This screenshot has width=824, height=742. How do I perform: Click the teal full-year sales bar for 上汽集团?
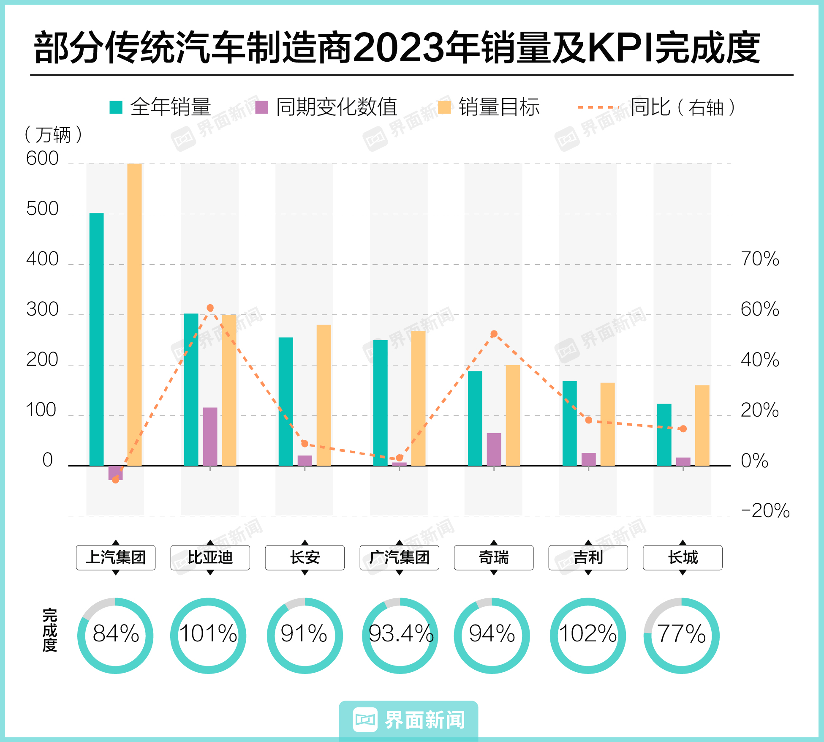point(96,339)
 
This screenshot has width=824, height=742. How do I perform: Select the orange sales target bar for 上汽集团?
point(134,314)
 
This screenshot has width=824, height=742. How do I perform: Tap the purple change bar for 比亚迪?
point(210,436)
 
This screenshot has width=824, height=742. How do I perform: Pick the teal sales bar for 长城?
point(664,434)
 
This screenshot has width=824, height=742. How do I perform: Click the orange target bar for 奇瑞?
point(513,415)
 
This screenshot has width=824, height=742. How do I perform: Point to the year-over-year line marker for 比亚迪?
point(210,308)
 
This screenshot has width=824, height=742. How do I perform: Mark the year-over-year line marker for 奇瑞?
point(494,334)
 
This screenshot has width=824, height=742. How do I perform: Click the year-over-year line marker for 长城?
point(683,428)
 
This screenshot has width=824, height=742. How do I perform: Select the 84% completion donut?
point(115,635)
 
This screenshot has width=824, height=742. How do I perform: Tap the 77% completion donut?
point(681,635)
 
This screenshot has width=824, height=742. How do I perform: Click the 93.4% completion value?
point(400,633)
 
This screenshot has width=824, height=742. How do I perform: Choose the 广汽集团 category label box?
point(399,557)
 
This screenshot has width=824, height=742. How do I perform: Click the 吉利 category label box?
point(588,557)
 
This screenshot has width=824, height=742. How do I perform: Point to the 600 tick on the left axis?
point(42,159)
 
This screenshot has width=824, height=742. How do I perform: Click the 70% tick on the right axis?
point(760,259)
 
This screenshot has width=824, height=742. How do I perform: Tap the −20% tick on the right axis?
point(765,510)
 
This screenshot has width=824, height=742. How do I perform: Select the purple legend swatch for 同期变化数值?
point(262,107)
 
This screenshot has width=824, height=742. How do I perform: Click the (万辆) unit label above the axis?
point(53,135)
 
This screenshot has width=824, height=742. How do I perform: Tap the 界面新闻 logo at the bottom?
point(408,720)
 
